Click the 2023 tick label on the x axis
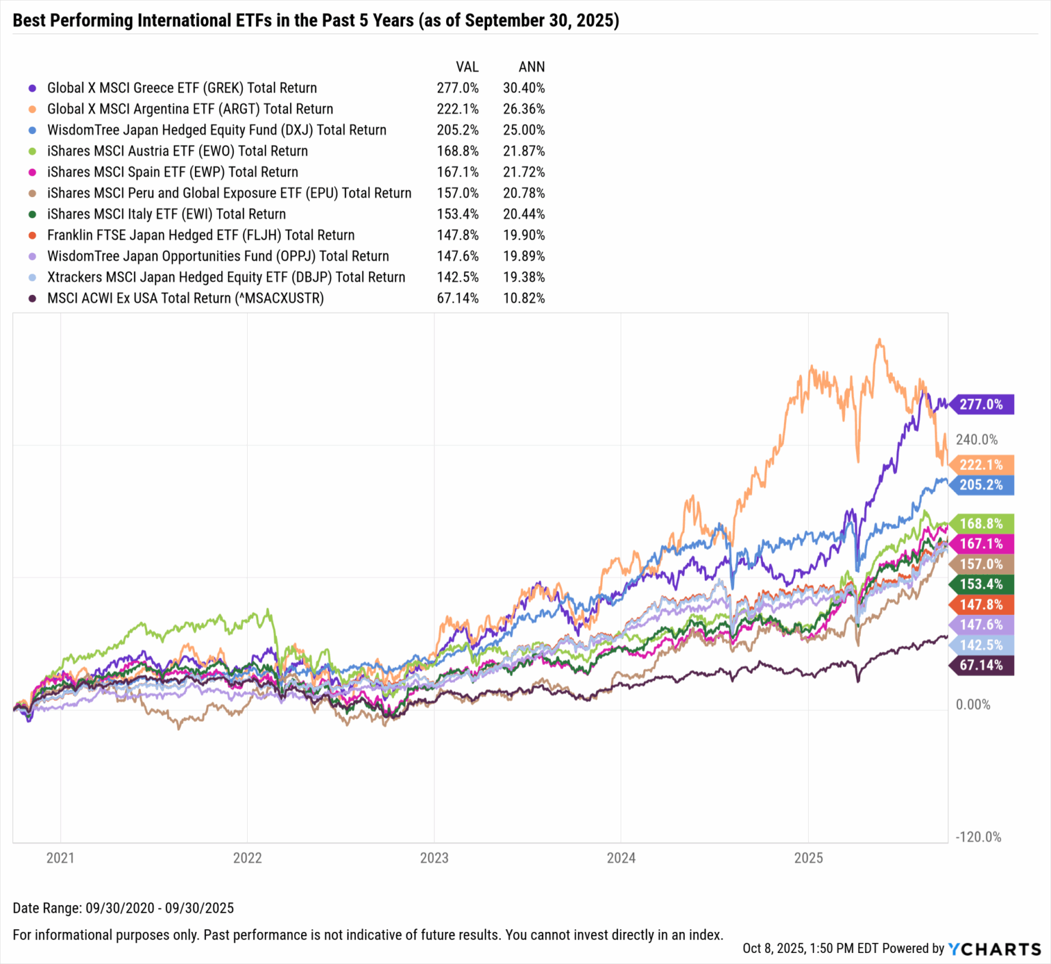pyautogui.click(x=434, y=858)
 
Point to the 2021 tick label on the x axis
pyautogui.click(x=60, y=858)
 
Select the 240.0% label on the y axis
pyautogui.click(x=976, y=440)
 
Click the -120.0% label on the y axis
pyautogui.click(x=978, y=837)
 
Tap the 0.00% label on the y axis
pyautogui.click(x=972, y=705)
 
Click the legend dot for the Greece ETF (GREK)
pyautogui.click(x=32, y=88)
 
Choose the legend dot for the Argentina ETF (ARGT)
pyautogui.click(x=32, y=109)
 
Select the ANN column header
pyautogui.click(x=532, y=67)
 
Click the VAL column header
pyautogui.click(x=467, y=67)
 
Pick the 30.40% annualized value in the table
pyautogui.click(x=524, y=88)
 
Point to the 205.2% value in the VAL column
pyautogui.click(x=458, y=130)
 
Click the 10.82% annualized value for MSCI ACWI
pyautogui.click(x=524, y=298)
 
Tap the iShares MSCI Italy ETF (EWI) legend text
pyautogui.click(x=166, y=214)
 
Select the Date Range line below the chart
pyautogui.click(x=123, y=908)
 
